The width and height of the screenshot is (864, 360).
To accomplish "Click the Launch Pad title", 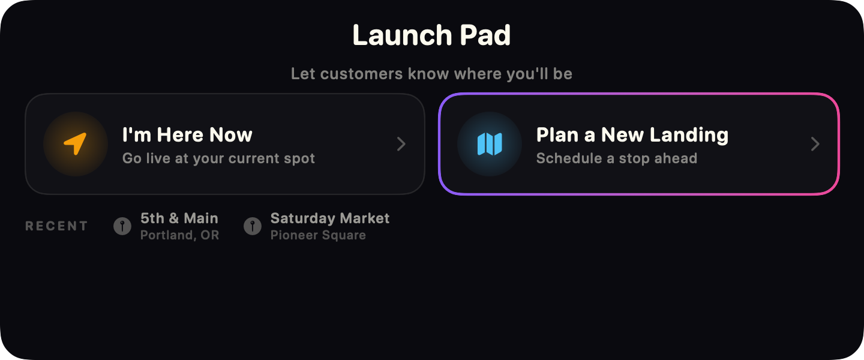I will click(x=431, y=35).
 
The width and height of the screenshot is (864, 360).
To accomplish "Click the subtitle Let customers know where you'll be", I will click(x=431, y=74).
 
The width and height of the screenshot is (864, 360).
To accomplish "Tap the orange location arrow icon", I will click(x=76, y=144).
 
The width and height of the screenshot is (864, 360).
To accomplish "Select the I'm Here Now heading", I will click(x=187, y=134).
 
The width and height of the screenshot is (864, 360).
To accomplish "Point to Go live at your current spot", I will click(x=218, y=158).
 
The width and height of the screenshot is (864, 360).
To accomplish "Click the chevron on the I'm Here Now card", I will click(x=401, y=144).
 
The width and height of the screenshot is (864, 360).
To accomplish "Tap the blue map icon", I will click(x=490, y=144).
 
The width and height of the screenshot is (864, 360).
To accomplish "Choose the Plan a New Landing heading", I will click(x=632, y=134).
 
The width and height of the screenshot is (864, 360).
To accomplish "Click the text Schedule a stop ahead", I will click(x=616, y=158).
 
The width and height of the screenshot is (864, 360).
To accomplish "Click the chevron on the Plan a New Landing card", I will click(x=815, y=144).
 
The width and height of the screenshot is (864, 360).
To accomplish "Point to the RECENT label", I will click(x=56, y=226).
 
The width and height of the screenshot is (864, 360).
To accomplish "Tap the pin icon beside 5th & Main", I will click(x=122, y=226).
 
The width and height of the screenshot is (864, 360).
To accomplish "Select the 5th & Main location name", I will click(x=179, y=218).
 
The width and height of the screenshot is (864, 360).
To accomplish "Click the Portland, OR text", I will click(x=179, y=235).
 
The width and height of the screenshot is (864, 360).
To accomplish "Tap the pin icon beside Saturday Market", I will click(x=253, y=226).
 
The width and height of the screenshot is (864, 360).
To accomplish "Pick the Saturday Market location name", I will click(x=330, y=218).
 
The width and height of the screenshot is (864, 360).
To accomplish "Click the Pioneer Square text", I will click(x=318, y=235).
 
